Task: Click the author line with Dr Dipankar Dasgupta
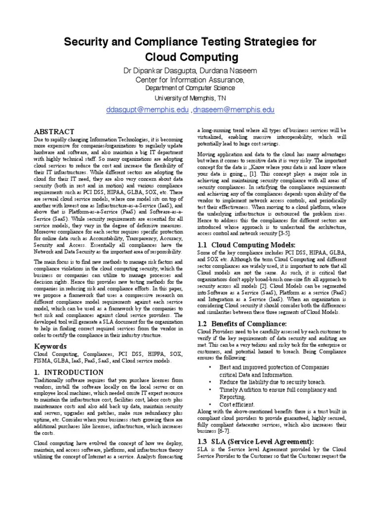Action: (x=190, y=71)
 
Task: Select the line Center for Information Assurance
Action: (x=190, y=80)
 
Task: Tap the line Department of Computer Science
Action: (x=190, y=88)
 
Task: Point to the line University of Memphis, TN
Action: (x=190, y=98)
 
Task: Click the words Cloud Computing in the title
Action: (x=190, y=57)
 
